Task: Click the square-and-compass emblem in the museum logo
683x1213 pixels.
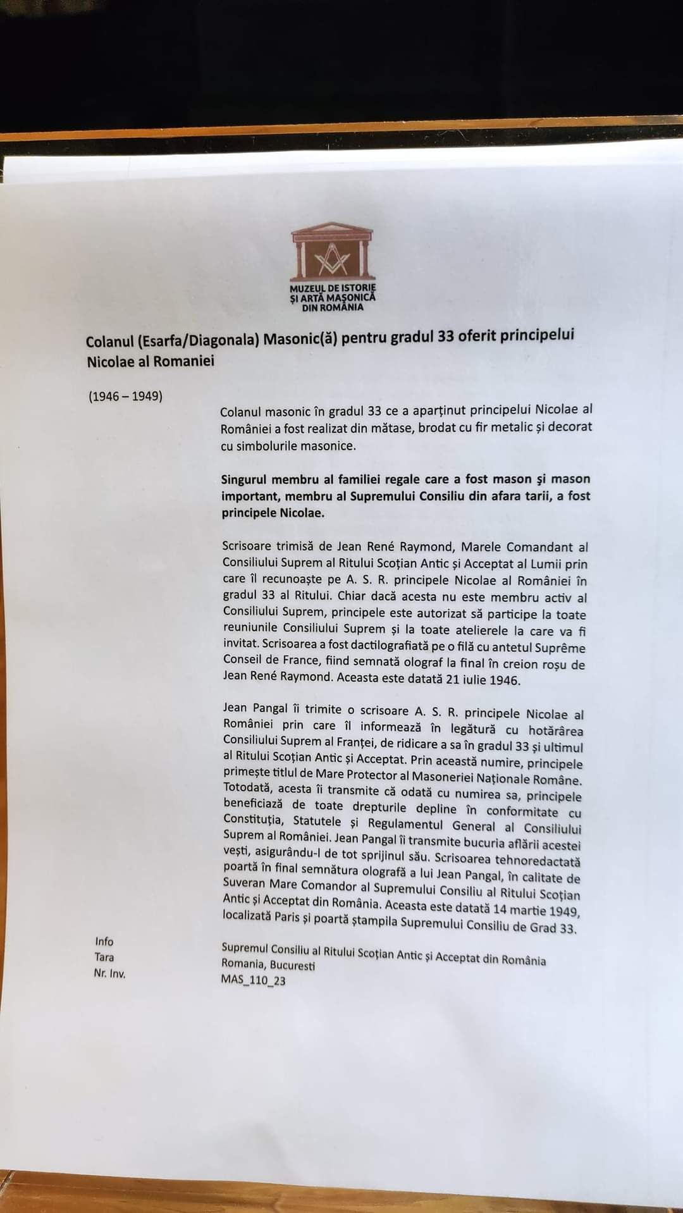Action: tap(333, 258)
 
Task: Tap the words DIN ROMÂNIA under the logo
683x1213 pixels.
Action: tap(333, 308)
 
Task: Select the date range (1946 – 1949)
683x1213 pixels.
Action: tap(125, 397)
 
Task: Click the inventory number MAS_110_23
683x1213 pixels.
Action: tap(253, 980)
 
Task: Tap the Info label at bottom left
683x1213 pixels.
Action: tap(104, 942)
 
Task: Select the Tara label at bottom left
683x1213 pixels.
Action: tap(104, 957)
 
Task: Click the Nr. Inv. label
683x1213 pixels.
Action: tap(109, 974)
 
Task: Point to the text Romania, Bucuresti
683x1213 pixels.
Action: tap(268, 965)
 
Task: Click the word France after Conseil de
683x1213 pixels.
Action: tap(297, 660)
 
